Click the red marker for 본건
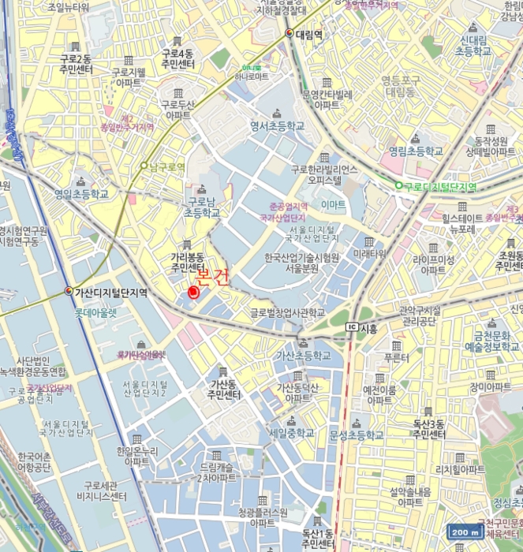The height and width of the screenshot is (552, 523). tap(193, 293)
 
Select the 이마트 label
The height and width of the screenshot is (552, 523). tap(333, 204)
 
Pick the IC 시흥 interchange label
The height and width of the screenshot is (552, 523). tap(361, 326)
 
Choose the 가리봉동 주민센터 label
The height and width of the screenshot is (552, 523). tap(187, 262)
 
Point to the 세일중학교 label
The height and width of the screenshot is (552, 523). tap(291, 433)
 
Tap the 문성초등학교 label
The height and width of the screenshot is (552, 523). tap(357, 435)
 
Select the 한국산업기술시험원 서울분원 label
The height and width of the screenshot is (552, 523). tap(302, 263)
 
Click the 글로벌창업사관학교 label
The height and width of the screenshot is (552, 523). tap(287, 312)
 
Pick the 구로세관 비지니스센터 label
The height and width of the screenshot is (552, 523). tap(97, 490)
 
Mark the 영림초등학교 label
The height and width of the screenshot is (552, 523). tap(416, 150)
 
